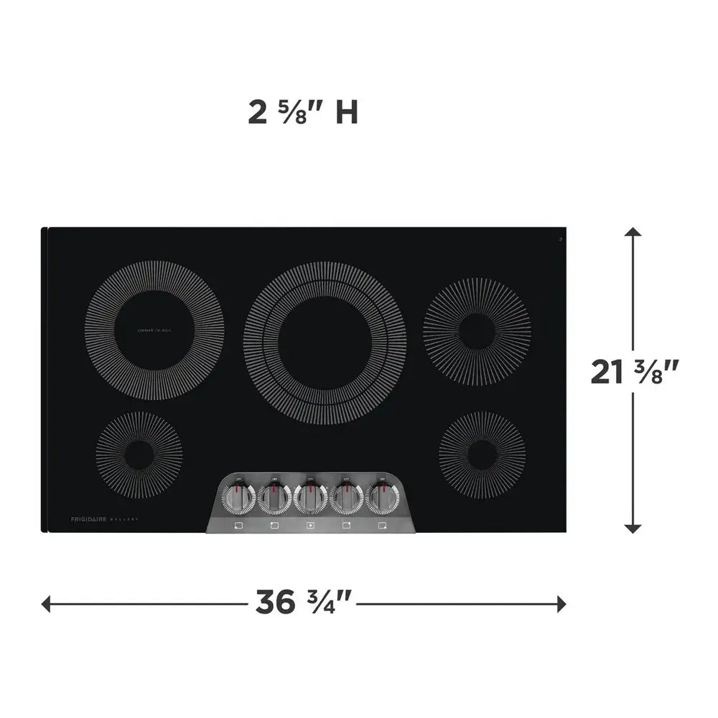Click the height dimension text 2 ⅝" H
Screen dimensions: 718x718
[303, 113]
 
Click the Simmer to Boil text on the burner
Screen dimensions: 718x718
[154, 330]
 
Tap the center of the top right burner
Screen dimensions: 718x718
[477, 331]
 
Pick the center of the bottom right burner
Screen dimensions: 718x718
[481, 454]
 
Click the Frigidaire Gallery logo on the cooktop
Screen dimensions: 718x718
[104, 518]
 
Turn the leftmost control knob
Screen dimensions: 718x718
[238, 496]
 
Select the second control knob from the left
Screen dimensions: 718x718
[274, 496]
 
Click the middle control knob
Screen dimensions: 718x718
[310, 496]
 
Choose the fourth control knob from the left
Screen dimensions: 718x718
[346, 496]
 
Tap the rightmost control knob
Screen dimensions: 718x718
[382, 496]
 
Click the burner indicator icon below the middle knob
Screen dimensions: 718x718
[310, 526]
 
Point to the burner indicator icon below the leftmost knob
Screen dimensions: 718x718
[238, 526]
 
